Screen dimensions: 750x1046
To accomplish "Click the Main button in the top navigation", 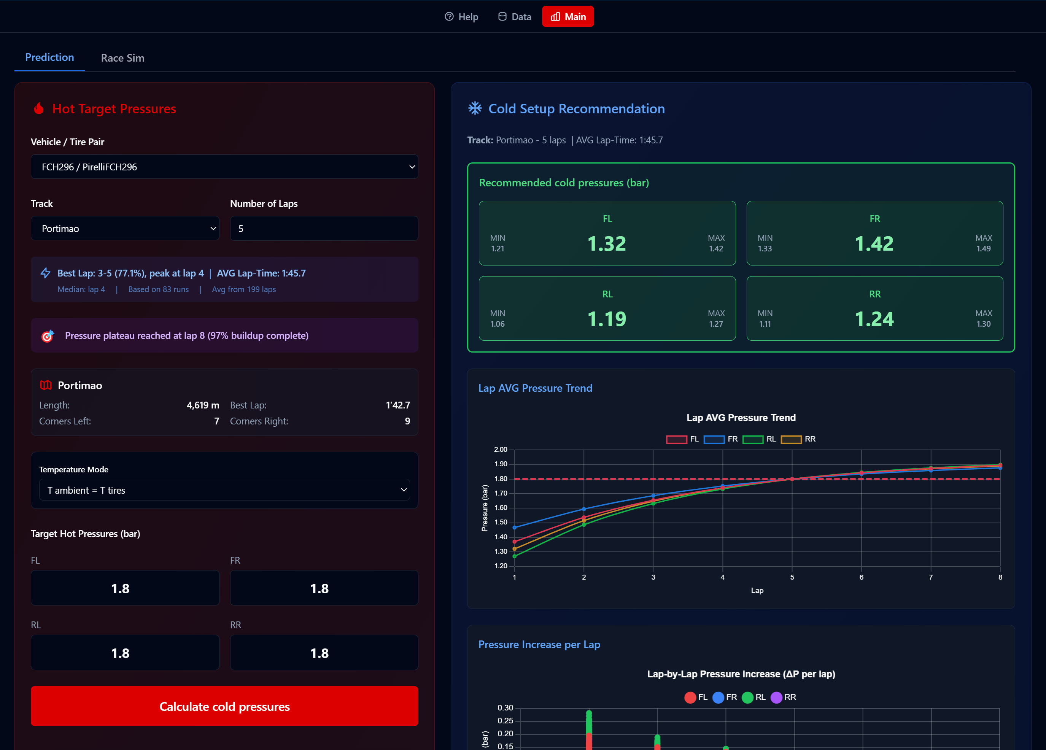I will [568, 17].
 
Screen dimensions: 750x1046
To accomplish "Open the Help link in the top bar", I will [461, 17].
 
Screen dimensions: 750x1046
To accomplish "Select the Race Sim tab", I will [123, 58].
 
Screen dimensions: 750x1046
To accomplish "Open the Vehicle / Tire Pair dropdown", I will [224, 167].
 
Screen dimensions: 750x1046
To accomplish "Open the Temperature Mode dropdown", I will [224, 490].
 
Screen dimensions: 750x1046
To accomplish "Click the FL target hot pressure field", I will [124, 588].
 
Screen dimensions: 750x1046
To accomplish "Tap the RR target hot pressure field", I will [324, 653].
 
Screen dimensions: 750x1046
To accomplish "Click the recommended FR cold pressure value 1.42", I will [874, 243].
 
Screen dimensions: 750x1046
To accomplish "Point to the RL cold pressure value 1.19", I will [606, 319].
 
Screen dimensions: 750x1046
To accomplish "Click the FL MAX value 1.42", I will [716, 249].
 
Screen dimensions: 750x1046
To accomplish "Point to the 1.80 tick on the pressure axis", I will [501, 479].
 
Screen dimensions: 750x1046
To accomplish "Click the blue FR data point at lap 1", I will [515, 528].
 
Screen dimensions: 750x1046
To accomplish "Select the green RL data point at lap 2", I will [584, 524].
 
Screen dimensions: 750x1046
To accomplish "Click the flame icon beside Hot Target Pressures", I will [39, 108].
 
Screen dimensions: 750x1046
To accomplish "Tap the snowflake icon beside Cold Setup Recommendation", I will [475, 108].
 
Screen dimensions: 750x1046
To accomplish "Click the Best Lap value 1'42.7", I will [397, 405].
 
